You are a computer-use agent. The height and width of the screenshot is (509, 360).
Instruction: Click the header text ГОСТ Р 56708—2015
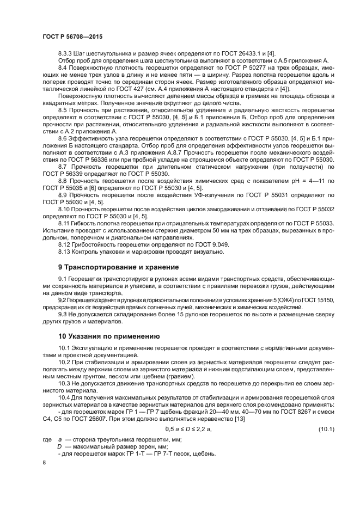(x=72, y=36)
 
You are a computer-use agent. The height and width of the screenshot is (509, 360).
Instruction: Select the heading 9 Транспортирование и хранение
(x=118, y=267)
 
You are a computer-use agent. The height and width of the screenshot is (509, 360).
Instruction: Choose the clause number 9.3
(x=62, y=314)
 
